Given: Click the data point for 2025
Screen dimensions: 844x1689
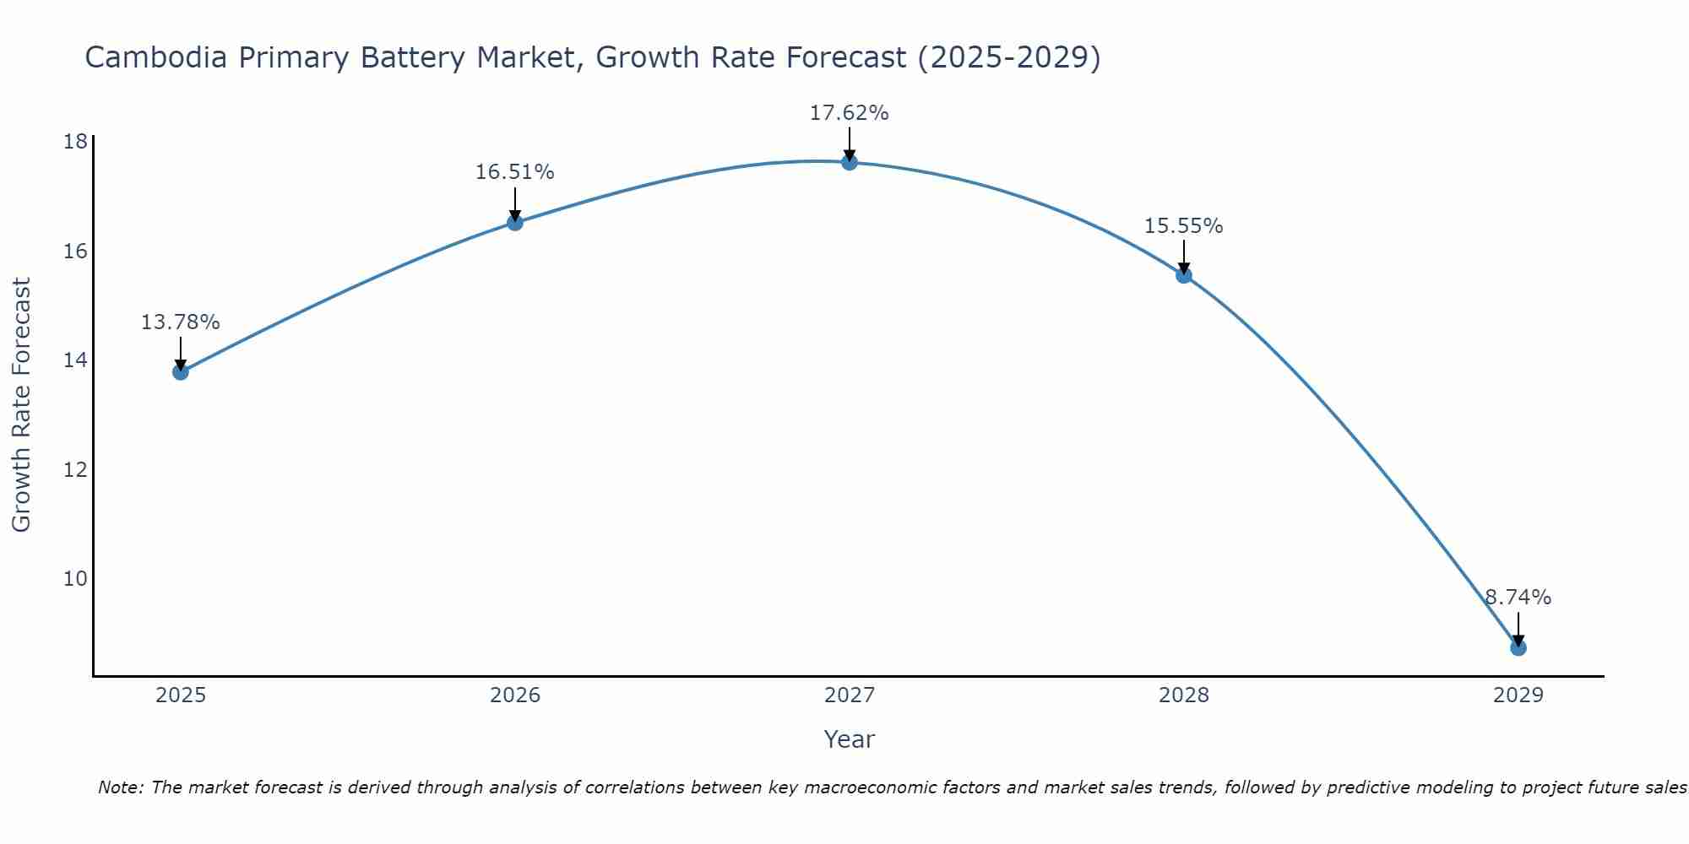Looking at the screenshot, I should tap(180, 371).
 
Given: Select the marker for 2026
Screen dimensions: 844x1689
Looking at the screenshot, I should tap(514, 223).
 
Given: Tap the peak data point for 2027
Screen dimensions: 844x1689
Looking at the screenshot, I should tap(850, 162).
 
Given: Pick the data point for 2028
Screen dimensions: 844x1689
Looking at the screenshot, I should tap(1184, 275).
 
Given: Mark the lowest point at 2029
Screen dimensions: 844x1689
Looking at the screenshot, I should tap(1518, 647).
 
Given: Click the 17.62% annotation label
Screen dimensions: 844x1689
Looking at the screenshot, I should tap(849, 113).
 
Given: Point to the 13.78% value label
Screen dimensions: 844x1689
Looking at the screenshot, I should tap(180, 322).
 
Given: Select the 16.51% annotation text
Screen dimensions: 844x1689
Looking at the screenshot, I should tap(514, 172).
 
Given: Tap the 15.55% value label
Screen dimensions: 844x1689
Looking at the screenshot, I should tap(1183, 226).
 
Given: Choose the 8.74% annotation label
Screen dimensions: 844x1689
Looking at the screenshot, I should tap(1518, 598).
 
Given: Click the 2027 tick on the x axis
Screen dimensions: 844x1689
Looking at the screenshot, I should tap(850, 695).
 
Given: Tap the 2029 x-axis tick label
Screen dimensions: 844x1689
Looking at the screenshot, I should tap(1518, 695).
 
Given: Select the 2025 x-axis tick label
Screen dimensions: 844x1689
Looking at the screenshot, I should tap(181, 695).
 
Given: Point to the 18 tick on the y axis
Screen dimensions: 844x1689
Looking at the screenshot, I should tap(75, 142).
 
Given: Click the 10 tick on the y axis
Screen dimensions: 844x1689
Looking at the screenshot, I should tap(75, 579).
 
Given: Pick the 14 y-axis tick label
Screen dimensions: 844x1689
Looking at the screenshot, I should tap(75, 360).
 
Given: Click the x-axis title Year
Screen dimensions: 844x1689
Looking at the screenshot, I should tap(849, 739).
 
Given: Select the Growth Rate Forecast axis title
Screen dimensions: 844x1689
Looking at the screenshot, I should tap(22, 405).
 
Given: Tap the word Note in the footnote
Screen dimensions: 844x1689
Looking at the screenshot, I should tap(120, 787).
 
